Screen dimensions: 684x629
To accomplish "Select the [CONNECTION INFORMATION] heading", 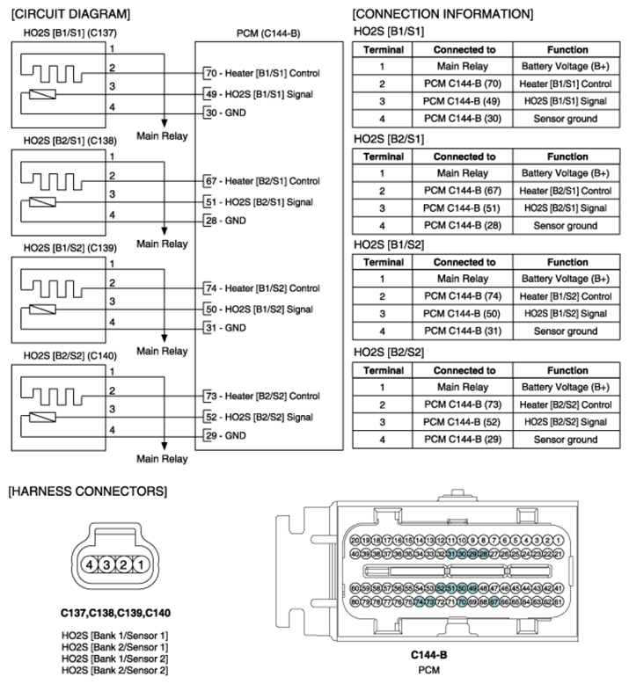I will [442, 14].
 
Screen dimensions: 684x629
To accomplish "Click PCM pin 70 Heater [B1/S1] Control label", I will [262, 72].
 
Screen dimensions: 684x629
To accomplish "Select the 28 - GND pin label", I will [224, 220].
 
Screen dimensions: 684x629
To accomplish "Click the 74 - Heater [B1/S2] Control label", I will [262, 287].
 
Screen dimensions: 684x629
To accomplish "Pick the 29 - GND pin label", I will [224, 435].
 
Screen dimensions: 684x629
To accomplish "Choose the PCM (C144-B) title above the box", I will [268, 33].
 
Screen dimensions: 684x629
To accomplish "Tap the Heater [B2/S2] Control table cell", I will [567, 404].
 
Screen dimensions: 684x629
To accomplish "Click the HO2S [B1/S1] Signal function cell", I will [567, 100].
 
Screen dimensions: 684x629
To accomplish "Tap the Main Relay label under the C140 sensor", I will [162, 459].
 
